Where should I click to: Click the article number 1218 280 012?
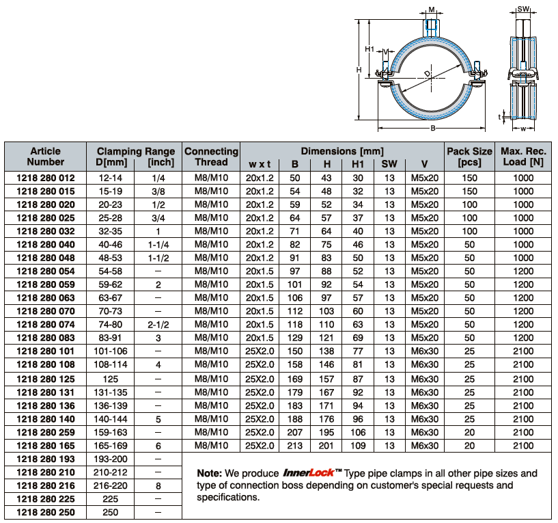(x=45, y=178)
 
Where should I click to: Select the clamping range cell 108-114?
(x=109, y=365)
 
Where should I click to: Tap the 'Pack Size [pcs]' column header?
(x=469, y=157)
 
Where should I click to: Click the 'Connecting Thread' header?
(x=211, y=157)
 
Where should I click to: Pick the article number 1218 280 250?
(x=45, y=512)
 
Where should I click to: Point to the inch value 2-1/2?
(x=158, y=325)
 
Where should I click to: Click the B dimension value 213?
(x=295, y=445)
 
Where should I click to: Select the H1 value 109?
(x=358, y=445)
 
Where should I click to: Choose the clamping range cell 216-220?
(x=109, y=485)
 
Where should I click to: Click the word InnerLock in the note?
(x=306, y=473)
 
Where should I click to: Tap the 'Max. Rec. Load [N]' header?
(x=523, y=157)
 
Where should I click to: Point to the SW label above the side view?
(x=523, y=9)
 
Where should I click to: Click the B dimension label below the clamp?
(x=432, y=128)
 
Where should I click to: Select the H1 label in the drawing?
(x=369, y=49)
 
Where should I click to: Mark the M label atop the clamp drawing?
(x=432, y=9)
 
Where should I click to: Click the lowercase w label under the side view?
(x=523, y=128)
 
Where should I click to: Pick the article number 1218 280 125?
(x=45, y=379)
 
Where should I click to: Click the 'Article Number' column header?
(x=45, y=157)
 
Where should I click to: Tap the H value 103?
(x=326, y=312)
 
